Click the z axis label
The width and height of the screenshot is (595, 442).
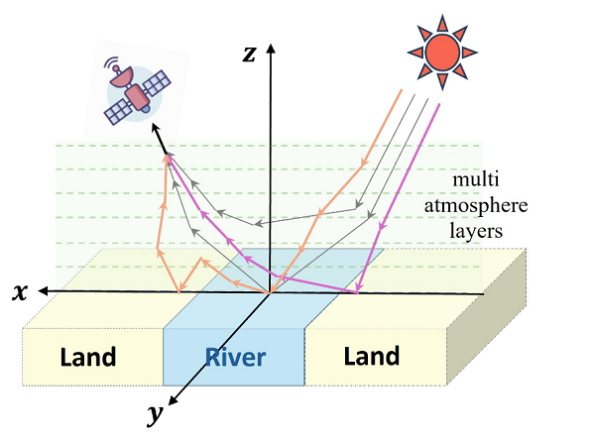249,55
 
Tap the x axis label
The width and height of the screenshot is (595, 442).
20,292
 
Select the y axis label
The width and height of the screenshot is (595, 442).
156,415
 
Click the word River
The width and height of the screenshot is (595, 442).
235,357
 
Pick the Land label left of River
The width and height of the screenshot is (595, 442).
88,357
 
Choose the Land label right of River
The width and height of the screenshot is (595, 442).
372,356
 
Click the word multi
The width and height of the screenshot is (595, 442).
475,179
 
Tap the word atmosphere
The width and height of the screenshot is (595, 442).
476,206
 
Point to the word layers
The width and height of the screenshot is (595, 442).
476,230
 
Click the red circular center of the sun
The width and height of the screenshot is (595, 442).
442,53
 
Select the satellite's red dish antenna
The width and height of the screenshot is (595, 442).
122,77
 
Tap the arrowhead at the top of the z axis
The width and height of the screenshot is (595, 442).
271,49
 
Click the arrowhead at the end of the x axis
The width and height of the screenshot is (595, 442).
43,291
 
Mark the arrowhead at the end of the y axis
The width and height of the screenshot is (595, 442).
173,400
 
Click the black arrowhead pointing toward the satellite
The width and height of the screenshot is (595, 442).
156,128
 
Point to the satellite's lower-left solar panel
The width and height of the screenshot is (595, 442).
117,111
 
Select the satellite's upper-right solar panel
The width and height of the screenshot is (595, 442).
157,82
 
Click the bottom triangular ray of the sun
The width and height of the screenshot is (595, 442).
442,81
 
